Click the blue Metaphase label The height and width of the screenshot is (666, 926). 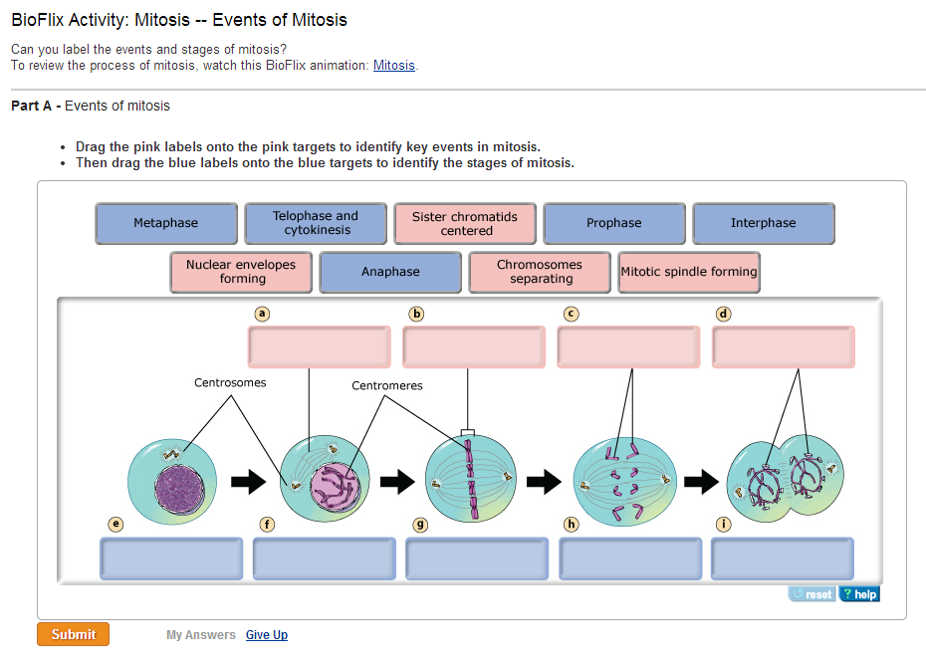click(166, 223)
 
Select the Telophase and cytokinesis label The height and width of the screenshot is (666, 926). click(316, 223)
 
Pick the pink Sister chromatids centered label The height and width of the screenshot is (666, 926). click(465, 223)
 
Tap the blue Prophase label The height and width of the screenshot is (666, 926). click(614, 223)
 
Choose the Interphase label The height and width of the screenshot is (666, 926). click(764, 223)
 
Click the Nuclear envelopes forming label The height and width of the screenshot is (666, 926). click(241, 272)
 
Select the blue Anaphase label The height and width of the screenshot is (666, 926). click(390, 272)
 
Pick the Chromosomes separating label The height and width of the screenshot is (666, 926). click(540, 272)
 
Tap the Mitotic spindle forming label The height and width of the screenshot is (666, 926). click(689, 272)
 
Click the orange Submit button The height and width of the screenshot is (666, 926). click(73, 634)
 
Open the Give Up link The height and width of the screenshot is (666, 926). click(267, 635)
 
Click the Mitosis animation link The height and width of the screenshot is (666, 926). click(394, 66)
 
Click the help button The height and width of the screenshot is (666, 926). click(859, 594)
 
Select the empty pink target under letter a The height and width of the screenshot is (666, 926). click(320, 346)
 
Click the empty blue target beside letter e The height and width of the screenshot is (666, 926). click(171, 558)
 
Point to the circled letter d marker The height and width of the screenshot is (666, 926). click(724, 314)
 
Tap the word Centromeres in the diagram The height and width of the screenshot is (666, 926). click(387, 385)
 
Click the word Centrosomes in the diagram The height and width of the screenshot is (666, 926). click(230, 382)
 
